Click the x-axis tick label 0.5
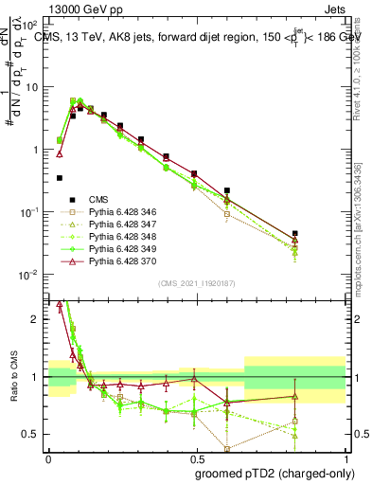click(x=197, y=457)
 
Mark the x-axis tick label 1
click(x=345, y=457)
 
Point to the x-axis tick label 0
click(x=48, y=457)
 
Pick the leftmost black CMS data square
click(x=60, y=177)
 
